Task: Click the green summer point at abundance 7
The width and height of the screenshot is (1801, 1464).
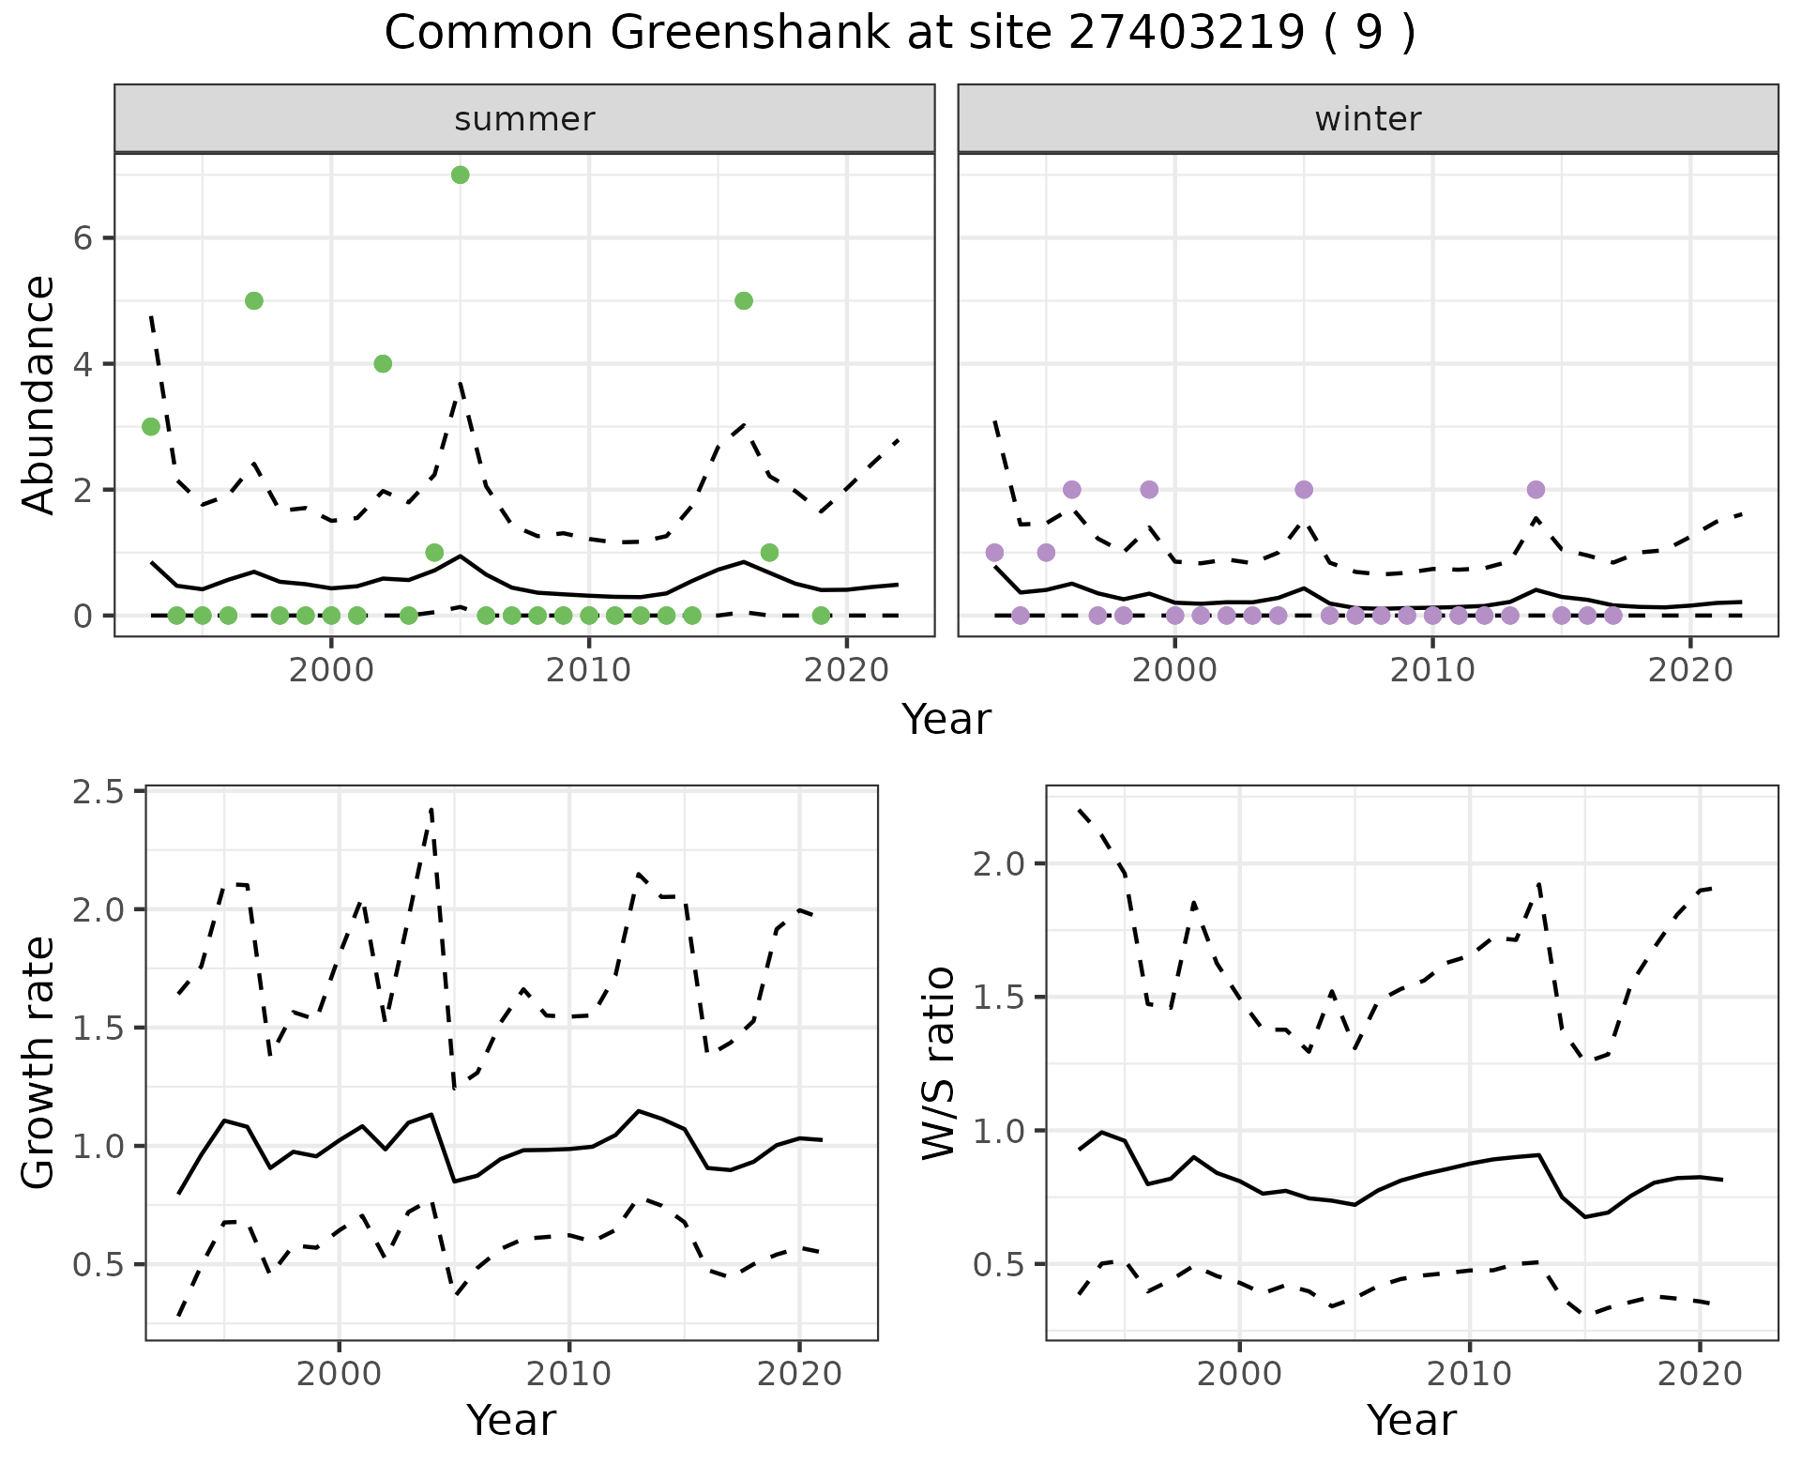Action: coord(460,175)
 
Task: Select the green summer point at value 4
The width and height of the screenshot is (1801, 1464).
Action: coord(383,363)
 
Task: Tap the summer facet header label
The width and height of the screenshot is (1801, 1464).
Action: coord(524,119)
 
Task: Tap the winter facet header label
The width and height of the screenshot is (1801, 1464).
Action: coord(1368,119)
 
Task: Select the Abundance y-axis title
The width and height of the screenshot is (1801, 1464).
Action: coord(39,394)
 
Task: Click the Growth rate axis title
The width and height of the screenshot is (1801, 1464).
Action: coord(39,1062)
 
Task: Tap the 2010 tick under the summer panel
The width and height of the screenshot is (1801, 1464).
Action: coord(588,671)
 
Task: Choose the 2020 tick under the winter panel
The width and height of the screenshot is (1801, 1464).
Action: coord(1689,671)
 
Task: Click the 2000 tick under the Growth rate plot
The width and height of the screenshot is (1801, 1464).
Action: coord(339,1375)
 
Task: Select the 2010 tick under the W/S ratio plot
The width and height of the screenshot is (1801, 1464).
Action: coord(1469,1375)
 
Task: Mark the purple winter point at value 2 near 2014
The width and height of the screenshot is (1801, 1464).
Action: coord(1536,489)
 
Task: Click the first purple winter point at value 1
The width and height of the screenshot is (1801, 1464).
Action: coord(994,552)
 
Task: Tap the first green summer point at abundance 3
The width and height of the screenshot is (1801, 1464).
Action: coord(150,426)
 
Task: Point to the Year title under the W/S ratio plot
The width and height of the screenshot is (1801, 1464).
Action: coord(1411,1421)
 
